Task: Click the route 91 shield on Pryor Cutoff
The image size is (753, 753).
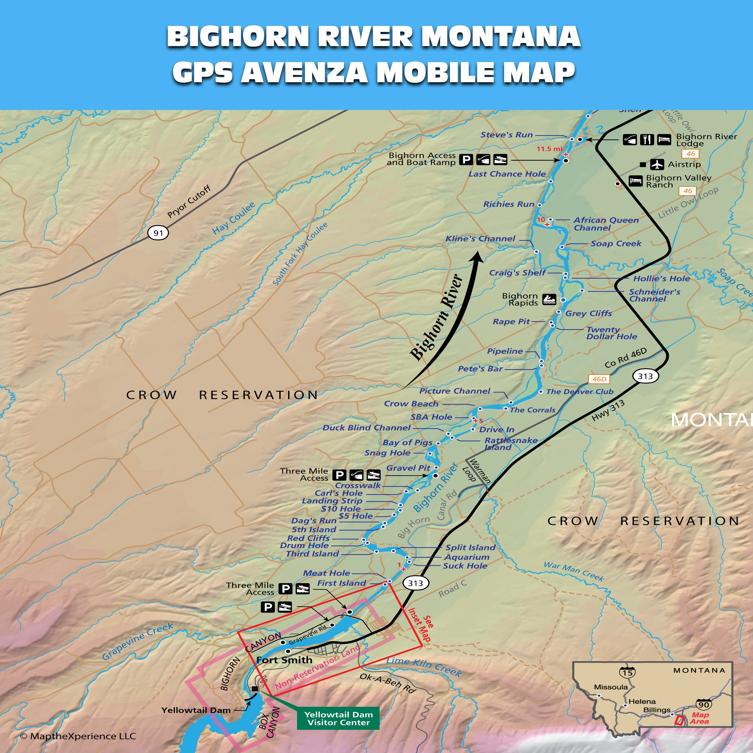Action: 158,233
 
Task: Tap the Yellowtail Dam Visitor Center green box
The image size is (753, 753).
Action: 338,718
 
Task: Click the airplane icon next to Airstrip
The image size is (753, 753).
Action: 657,164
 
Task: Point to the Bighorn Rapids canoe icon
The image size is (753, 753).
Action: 549,299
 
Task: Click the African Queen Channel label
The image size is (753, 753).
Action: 606,224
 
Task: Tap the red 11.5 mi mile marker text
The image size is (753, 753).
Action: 549,149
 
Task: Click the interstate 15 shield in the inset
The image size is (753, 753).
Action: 627,672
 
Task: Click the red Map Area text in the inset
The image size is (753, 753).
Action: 700,718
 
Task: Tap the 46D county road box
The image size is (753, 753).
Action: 599,379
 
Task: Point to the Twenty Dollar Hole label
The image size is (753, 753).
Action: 611,333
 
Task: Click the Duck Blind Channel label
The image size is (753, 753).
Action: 366,428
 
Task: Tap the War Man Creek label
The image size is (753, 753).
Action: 574,571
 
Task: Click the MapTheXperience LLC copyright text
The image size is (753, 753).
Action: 78,736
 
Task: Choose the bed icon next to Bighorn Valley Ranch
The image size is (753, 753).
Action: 636,181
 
